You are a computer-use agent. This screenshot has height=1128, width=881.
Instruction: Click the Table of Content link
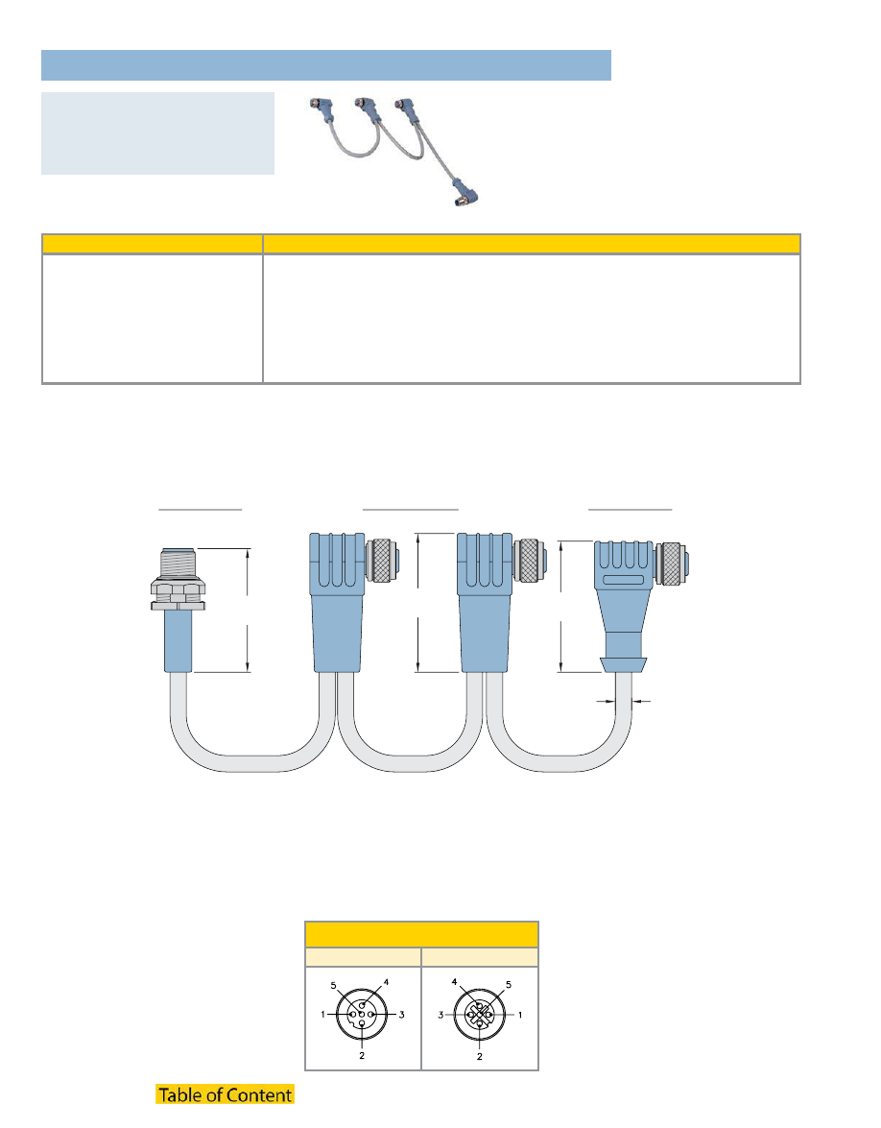click(226, 1094)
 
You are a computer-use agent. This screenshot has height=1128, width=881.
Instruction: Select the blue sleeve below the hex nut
click(179, 641)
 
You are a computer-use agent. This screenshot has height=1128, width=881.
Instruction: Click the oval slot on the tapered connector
click(624, 580)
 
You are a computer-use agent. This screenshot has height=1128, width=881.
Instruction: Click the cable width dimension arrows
click(624, 700)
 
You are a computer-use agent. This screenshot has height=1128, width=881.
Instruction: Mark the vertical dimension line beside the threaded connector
click(249, 610)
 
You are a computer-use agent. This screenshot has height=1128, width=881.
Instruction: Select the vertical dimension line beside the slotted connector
click(561, 607)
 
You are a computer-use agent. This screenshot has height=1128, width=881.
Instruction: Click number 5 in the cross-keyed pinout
click(509, 984)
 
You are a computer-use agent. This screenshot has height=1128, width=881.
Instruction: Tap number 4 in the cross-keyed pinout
click(455, 981)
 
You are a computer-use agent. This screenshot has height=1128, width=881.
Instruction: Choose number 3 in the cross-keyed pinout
click(440, 1015)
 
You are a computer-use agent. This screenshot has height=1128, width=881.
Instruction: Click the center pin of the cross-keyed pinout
click(480, 1015)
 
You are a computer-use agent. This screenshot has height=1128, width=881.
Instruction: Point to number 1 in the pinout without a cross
click(322, 1015)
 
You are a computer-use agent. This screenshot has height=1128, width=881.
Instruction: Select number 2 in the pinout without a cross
click(362, 1055)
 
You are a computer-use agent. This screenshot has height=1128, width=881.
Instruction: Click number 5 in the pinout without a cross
click(333, 986)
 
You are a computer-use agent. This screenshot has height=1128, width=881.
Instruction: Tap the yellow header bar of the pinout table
click(421, 934)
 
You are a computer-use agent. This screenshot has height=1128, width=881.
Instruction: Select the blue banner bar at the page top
click(325, 64)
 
